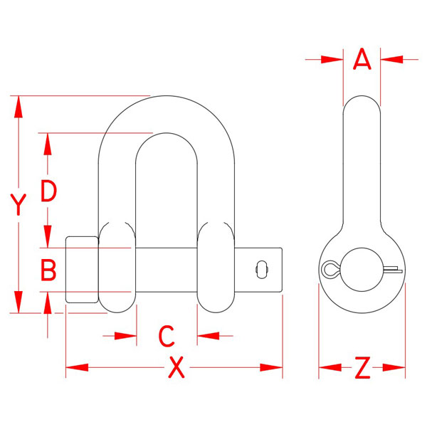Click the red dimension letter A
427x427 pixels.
coord(362,59)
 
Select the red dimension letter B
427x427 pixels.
coord(48,270)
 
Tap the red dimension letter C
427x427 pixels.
coord(166,336)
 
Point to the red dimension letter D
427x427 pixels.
coord(48,191)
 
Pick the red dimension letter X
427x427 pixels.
coord(176,368)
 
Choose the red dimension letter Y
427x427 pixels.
coord(19,204)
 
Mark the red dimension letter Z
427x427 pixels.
coord(362,368)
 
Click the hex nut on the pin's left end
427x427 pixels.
coord(82,270)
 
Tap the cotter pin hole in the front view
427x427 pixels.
coord(262,270)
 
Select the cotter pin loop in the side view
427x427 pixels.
coord(330,270)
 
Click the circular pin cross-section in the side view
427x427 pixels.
coord(362,270)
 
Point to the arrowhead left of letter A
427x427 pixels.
coord(332,59)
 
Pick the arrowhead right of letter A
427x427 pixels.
coord(391,59)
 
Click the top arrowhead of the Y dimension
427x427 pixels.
coord(19,107)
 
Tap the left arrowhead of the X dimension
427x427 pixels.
coord(77,367)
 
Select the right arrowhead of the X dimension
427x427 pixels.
coord(271,367)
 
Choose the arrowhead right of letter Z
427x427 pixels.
coord(394,367)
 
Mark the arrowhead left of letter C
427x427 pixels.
coord(125,336)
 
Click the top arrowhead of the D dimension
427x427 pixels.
coord(48,144)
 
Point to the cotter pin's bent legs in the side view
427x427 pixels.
coord(394,269)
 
